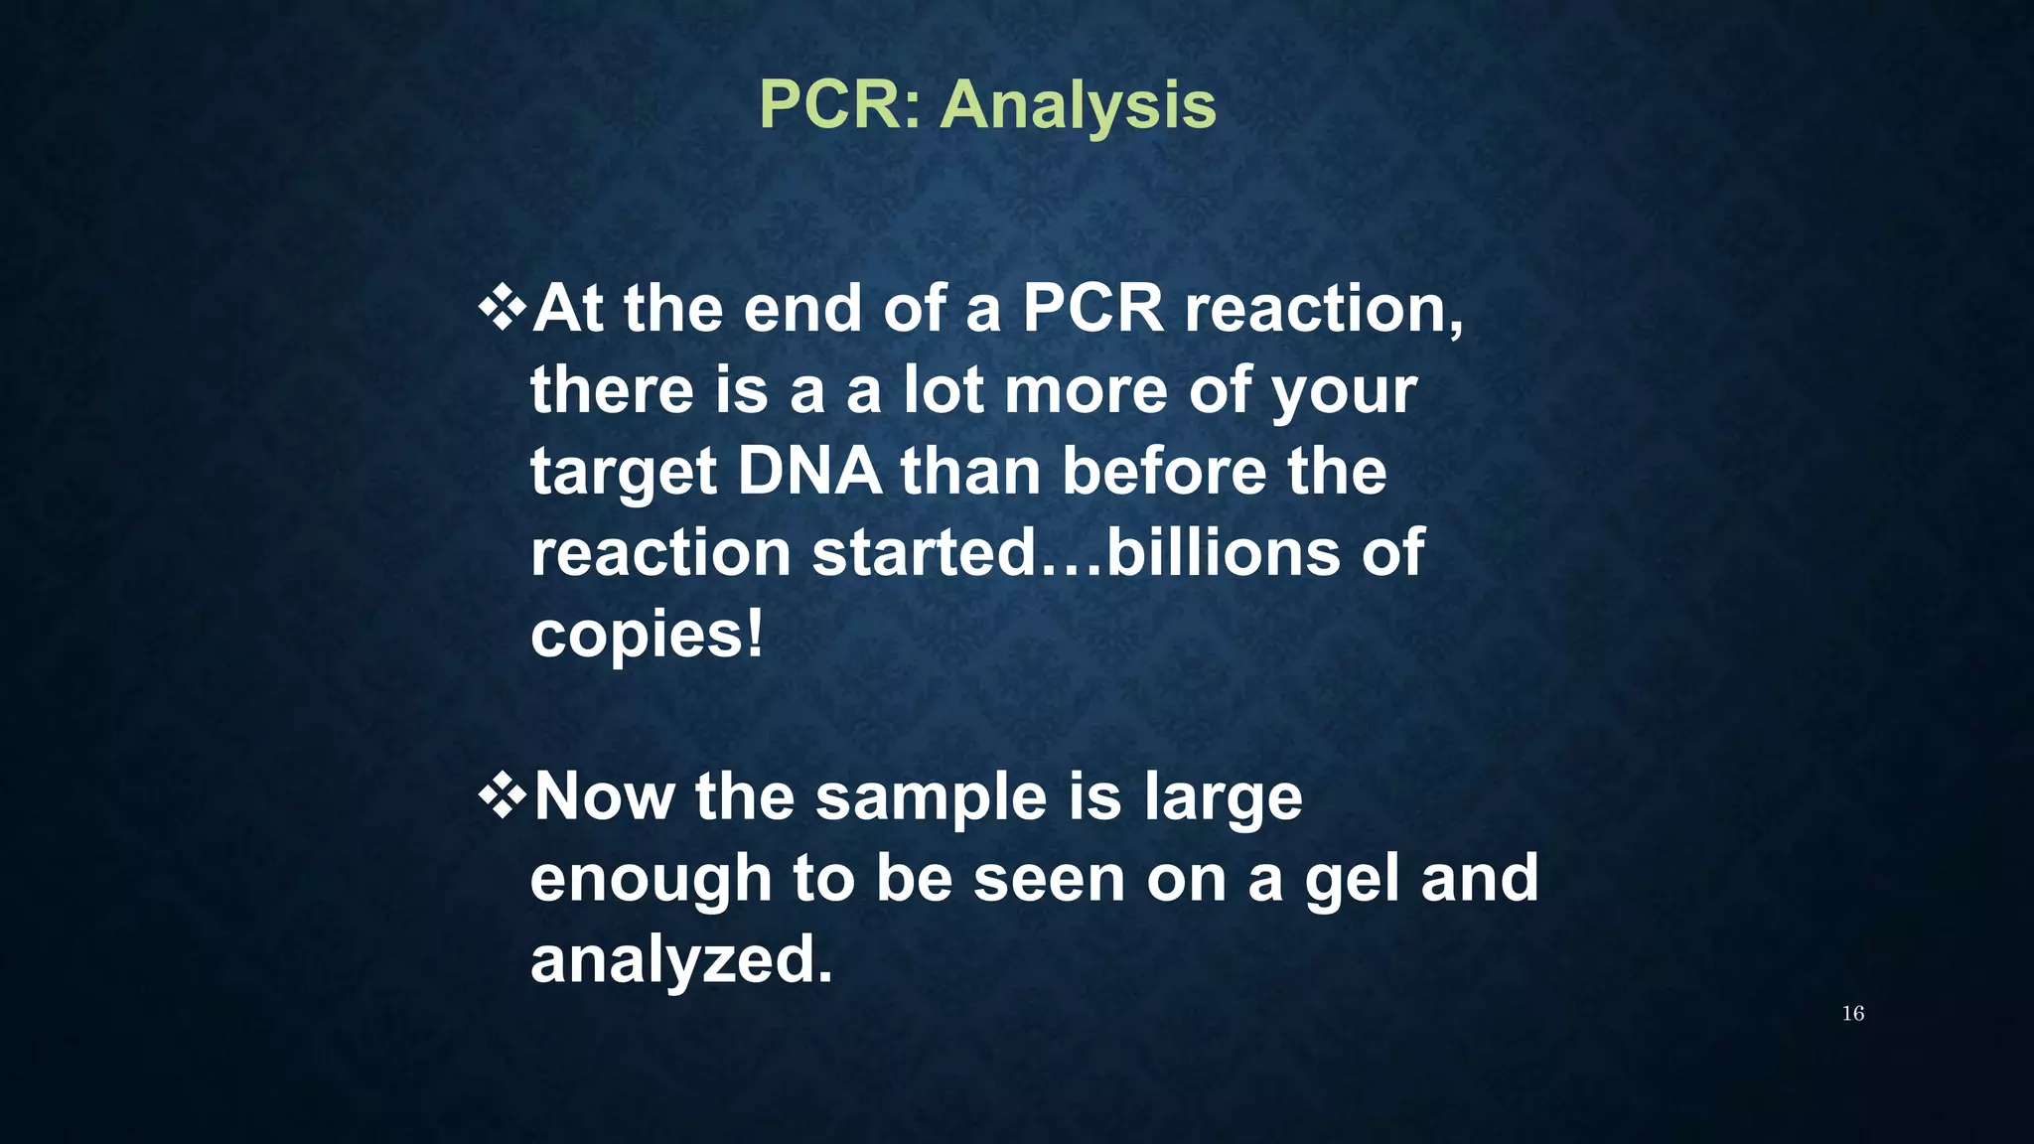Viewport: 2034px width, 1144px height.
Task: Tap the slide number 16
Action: tap(1852, 1013)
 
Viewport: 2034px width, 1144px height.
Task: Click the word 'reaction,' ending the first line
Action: tap(1323, 310)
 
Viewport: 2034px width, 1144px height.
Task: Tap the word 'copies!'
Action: tap(647, 636)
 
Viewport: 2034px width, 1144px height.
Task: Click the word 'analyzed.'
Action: tap(681, 961)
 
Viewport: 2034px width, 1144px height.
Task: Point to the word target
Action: tap(623, 473)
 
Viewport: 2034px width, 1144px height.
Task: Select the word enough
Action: tap(651, 880)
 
